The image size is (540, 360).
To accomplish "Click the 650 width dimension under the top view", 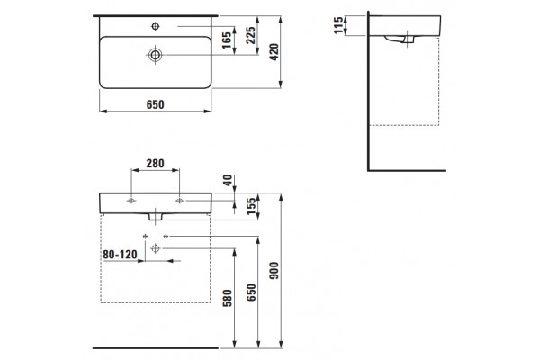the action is [156, 104].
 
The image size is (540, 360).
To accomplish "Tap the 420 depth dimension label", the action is [274, 52].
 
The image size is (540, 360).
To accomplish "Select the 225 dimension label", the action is [251, 35].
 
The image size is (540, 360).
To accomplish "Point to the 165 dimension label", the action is [227, 40].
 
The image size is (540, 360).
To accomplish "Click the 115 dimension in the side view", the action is [338, 25].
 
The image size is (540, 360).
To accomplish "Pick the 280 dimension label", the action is [156, 163].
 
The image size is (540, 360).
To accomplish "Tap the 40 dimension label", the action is [228, 180].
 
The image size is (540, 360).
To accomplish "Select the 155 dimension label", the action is [251, 206].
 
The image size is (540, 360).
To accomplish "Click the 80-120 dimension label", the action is [120, 255].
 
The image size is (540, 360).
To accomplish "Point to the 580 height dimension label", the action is [228, 298].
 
